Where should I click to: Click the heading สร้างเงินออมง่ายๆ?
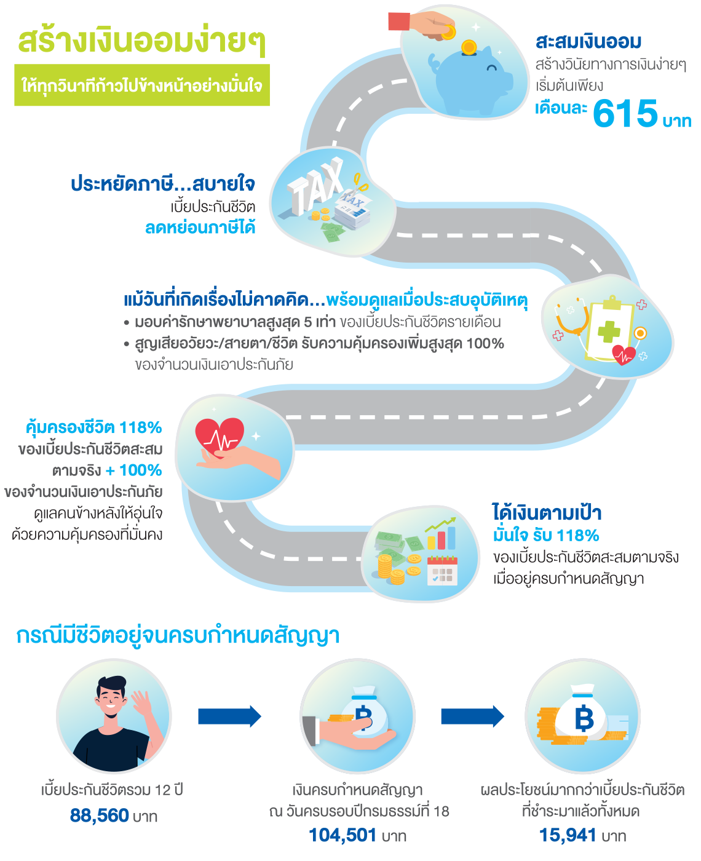[x=141, y=42]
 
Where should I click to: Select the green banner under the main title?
[x=142, y=85]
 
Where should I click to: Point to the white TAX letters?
[x=315, y=186]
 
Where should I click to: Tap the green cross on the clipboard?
[x=609, y=331]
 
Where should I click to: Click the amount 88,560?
[x=100, y=816]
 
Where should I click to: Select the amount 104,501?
[x=343, y=835]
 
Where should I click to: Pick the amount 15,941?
[x=568, y=835]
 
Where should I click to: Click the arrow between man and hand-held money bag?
[x=230, y=716]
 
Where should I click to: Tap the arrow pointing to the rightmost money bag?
[x=472, y=716]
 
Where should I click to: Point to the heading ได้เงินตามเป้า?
[x=547, y=513]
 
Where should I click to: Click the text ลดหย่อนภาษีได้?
[x=200, y=228]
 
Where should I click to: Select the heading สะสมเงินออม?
[x=588, y=42]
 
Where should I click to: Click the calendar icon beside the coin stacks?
[x=442, y=570]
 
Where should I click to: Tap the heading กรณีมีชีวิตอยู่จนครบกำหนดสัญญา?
[x=178, y=635]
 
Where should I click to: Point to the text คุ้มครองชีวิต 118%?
[x=94, y=427]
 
